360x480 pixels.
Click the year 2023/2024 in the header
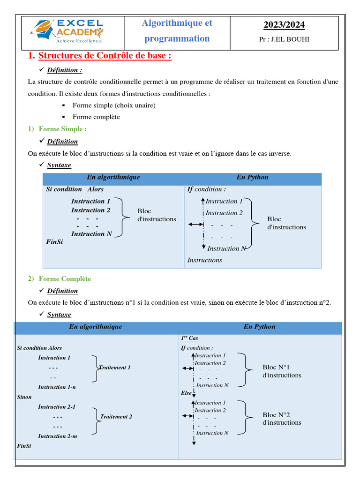point(284,25)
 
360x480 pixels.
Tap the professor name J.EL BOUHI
point(284,39)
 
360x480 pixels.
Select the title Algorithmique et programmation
point(177,31)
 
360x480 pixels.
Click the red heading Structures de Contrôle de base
point(105,56)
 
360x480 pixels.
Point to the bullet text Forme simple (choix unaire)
point(114,105)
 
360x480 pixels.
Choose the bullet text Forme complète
point(96,117)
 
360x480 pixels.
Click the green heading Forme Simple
point(62,129)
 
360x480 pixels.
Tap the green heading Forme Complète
point(65,279)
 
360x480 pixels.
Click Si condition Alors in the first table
point(75,189)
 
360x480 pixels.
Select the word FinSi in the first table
point(54,242)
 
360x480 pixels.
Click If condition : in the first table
point(206,189)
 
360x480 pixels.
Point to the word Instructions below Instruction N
point(205,260)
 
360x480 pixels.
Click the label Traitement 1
point(115,367)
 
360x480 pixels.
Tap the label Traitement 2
point(116,416)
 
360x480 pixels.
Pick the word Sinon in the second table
point(24,397)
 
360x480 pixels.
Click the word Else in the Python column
point(186,393)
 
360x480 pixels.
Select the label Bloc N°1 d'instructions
point(282,371)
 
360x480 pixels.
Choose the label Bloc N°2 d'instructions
point(282,419)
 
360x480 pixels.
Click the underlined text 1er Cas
point(189,338)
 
